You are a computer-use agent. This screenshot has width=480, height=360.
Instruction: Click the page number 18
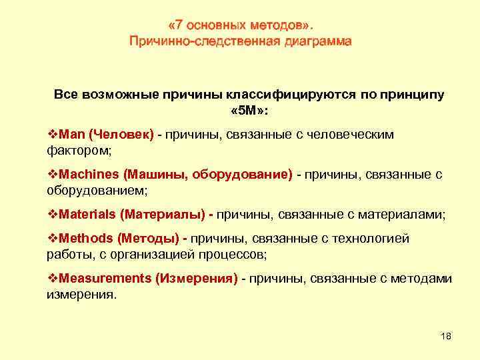coord(446,336)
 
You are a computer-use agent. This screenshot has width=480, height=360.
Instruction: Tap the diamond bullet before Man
coord(52,135)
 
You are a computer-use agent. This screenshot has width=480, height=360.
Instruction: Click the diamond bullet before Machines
coord(52,175)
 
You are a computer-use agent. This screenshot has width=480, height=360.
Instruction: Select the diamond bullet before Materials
coord(52,215)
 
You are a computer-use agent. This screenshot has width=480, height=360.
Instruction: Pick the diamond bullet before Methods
coord(52,238)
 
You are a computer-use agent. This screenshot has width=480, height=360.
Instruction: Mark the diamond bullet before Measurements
coord(52,279)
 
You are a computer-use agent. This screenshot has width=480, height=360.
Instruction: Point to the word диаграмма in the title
coord(317,41)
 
